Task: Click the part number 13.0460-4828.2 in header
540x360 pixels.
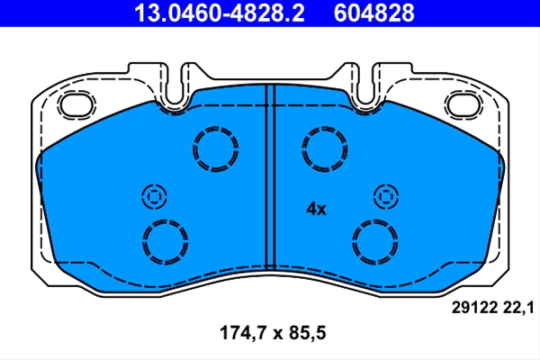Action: click(x=220, y=13)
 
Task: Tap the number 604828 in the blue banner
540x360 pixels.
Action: click(x=373, y=13)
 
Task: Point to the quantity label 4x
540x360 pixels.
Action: click(x=316, y=209)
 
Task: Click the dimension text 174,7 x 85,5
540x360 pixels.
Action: click(x=273, y=333)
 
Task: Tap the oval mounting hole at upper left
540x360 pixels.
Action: click(x=76, y=105)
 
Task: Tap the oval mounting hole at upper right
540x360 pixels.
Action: click(x=463, y=105)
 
